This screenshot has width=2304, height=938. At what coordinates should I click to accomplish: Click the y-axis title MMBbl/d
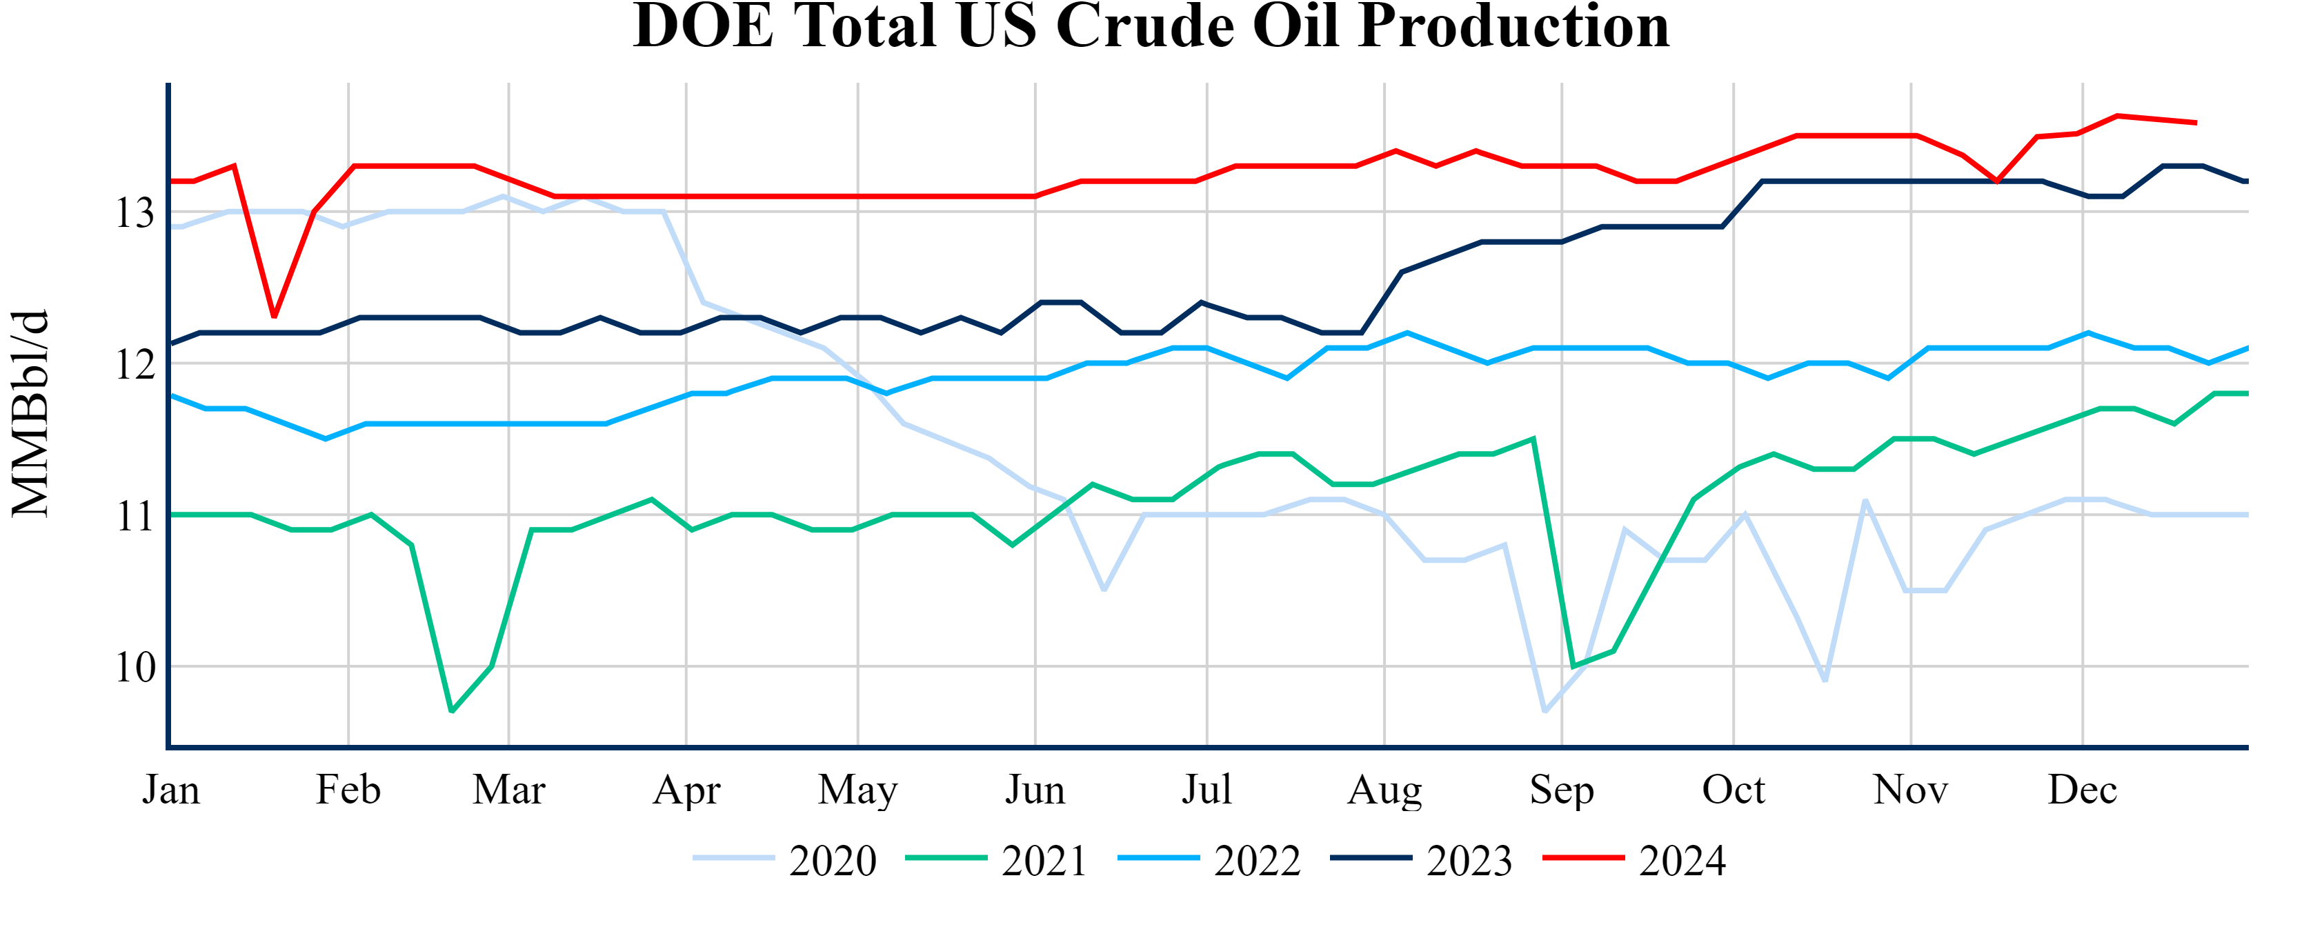[x=30, y=413]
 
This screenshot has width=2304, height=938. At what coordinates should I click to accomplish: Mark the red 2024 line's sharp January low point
[x=274, y=317]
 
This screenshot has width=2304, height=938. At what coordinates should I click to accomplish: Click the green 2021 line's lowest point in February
[x=452, y=711]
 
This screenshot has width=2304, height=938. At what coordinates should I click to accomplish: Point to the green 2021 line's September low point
[x=1573, y=667]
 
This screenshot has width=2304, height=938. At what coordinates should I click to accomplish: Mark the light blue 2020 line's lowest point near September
[x=1545, y=711]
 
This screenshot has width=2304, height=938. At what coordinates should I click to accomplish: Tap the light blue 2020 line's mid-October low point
[x=1825, y=681]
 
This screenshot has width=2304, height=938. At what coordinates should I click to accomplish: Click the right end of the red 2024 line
[x=2196, y=123]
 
